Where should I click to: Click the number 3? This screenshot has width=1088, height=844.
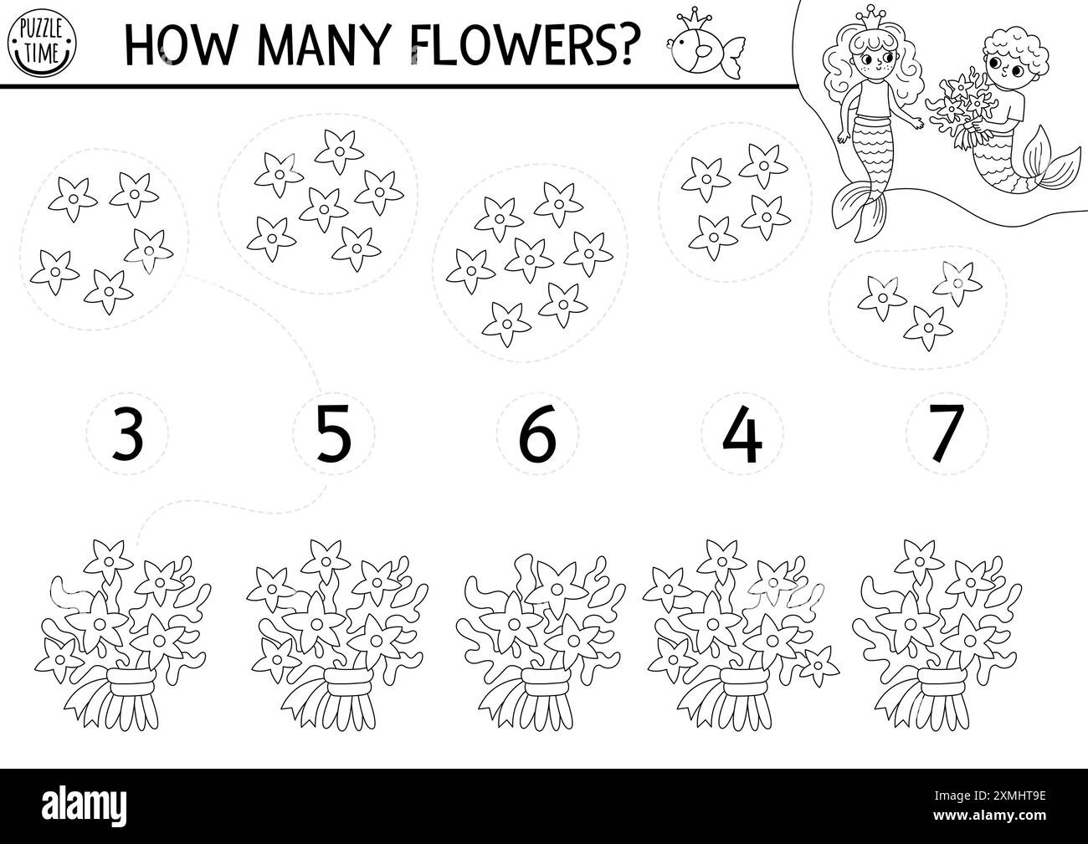pos(126,432)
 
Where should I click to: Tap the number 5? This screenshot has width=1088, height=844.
pos(333,432)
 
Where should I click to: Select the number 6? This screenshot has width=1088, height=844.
pos(536,432)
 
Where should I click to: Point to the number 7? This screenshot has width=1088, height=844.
pos(947,432)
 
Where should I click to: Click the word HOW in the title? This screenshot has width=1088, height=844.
pos(178,40)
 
